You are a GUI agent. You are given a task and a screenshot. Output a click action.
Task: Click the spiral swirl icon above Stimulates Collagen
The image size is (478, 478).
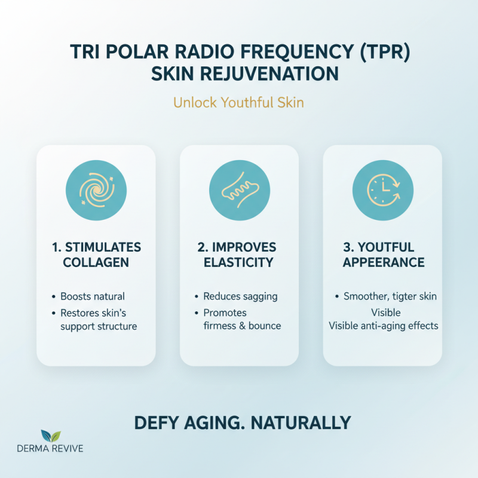pyautogui.click(x=96, y=190)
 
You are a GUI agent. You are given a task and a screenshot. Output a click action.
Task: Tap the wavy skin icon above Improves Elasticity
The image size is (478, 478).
pyautogui.click(x=239, y=190)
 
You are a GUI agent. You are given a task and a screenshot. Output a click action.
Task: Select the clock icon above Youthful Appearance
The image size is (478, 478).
pyautogui.click(x=382, y=190)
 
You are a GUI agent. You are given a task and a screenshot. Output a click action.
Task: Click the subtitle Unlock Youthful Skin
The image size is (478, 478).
pyautogui.click(x=238, y=102)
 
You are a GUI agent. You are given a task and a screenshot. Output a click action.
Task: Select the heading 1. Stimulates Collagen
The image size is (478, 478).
pyautogui.click(x=96, y=255)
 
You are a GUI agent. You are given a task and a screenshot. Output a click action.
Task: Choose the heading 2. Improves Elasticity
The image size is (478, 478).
pyautogui.click(x=239, y=255)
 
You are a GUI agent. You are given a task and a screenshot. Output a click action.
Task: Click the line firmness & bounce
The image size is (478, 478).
pyautogui.click(x=242, y=326)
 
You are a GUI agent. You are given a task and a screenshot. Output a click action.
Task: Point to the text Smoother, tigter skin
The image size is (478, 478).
pyautogui.click(x=390, y=296)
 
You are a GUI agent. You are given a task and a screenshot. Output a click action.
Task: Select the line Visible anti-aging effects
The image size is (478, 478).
pyautogui.click(x=384, y=326)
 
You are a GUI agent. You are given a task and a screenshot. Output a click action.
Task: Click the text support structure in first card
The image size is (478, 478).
pyautogui.click(x=99, y=326)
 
